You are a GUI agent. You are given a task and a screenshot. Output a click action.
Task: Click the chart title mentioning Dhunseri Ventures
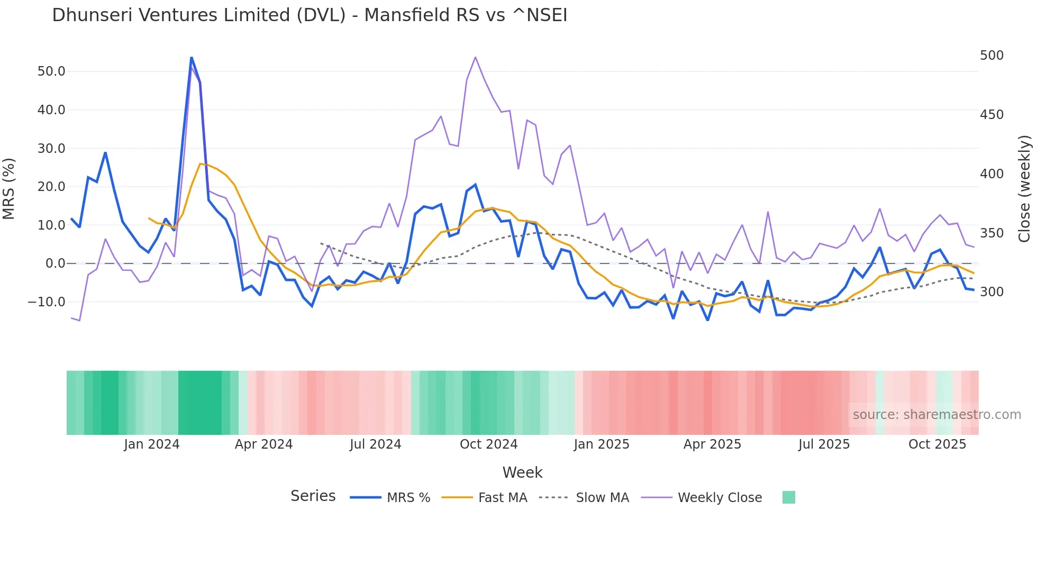(310, 15)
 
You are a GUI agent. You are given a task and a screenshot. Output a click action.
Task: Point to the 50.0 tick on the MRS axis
(51, 71)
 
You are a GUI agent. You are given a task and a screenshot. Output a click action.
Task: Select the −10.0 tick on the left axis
(47, 302)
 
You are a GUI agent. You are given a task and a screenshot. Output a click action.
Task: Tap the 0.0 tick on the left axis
(55, 263)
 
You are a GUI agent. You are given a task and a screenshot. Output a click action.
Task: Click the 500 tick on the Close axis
(991, 56)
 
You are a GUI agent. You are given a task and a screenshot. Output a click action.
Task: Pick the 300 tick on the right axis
(991, 292)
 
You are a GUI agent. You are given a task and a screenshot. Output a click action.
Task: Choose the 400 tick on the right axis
(991, 174)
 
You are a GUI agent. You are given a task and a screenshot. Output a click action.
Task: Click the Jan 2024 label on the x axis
(152, 444)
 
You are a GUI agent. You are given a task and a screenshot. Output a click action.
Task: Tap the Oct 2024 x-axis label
(488, 444)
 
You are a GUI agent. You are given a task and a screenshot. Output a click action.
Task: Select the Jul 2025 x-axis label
(824, 444)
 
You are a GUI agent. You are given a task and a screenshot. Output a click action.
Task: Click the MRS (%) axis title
(9, 189)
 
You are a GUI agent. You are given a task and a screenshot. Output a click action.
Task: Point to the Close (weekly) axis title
(1025, 189)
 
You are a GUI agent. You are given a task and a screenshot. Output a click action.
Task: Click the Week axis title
(522, 472)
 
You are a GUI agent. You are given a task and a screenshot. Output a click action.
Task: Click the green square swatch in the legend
(788, 497)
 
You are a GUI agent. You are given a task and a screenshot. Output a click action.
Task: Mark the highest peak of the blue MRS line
(191, 58)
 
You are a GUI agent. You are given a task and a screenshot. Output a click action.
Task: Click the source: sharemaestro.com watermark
(936, 415)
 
